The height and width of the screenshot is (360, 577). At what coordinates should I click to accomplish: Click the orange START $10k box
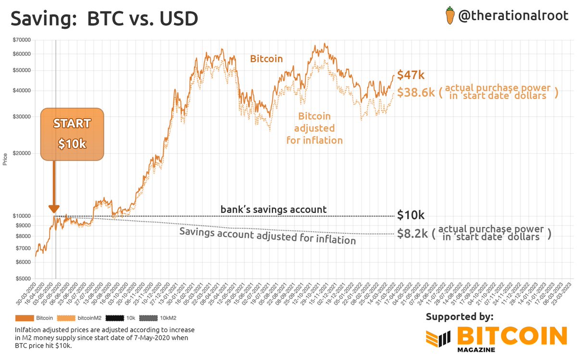pyautogui.click(x=72, y=134)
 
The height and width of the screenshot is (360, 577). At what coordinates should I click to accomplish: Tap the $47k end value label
pyautogui.click(x=410, y=75)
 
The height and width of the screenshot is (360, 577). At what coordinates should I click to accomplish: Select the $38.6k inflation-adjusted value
pyautogui.click(x=414, y=92)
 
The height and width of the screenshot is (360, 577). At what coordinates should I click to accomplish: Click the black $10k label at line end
pyautogui.click(x=411, y=215)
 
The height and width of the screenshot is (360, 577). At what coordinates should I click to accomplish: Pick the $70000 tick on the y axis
pyautogui.click(x=21, y=40)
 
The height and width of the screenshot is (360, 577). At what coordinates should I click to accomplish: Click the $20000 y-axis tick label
pyautogui.click(x=21, y=153)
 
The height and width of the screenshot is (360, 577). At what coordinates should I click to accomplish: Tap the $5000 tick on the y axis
pyautogui.click(x=22, y=278)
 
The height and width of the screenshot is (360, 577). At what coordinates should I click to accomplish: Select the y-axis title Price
pyautogui.click(x=5, y=159)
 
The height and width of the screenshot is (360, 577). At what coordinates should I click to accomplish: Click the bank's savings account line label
pyautogui.click(x=274, y=210)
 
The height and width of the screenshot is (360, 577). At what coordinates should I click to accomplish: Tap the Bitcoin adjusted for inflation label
pyautogui.click(x=314, y=128)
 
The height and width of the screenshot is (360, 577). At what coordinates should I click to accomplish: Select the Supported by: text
pyautogui.click(x=459, y=316)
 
